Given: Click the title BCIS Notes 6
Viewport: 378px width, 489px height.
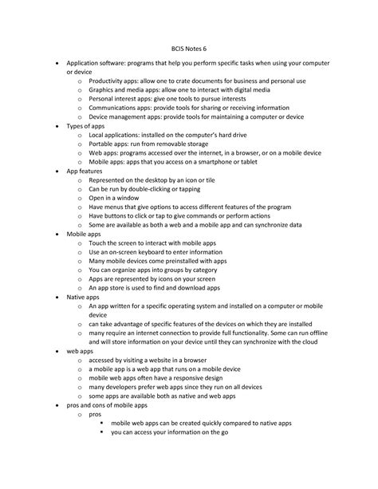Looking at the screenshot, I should [x=188, y=46].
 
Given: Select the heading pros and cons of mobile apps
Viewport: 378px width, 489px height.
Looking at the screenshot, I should [x=107, y=404].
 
